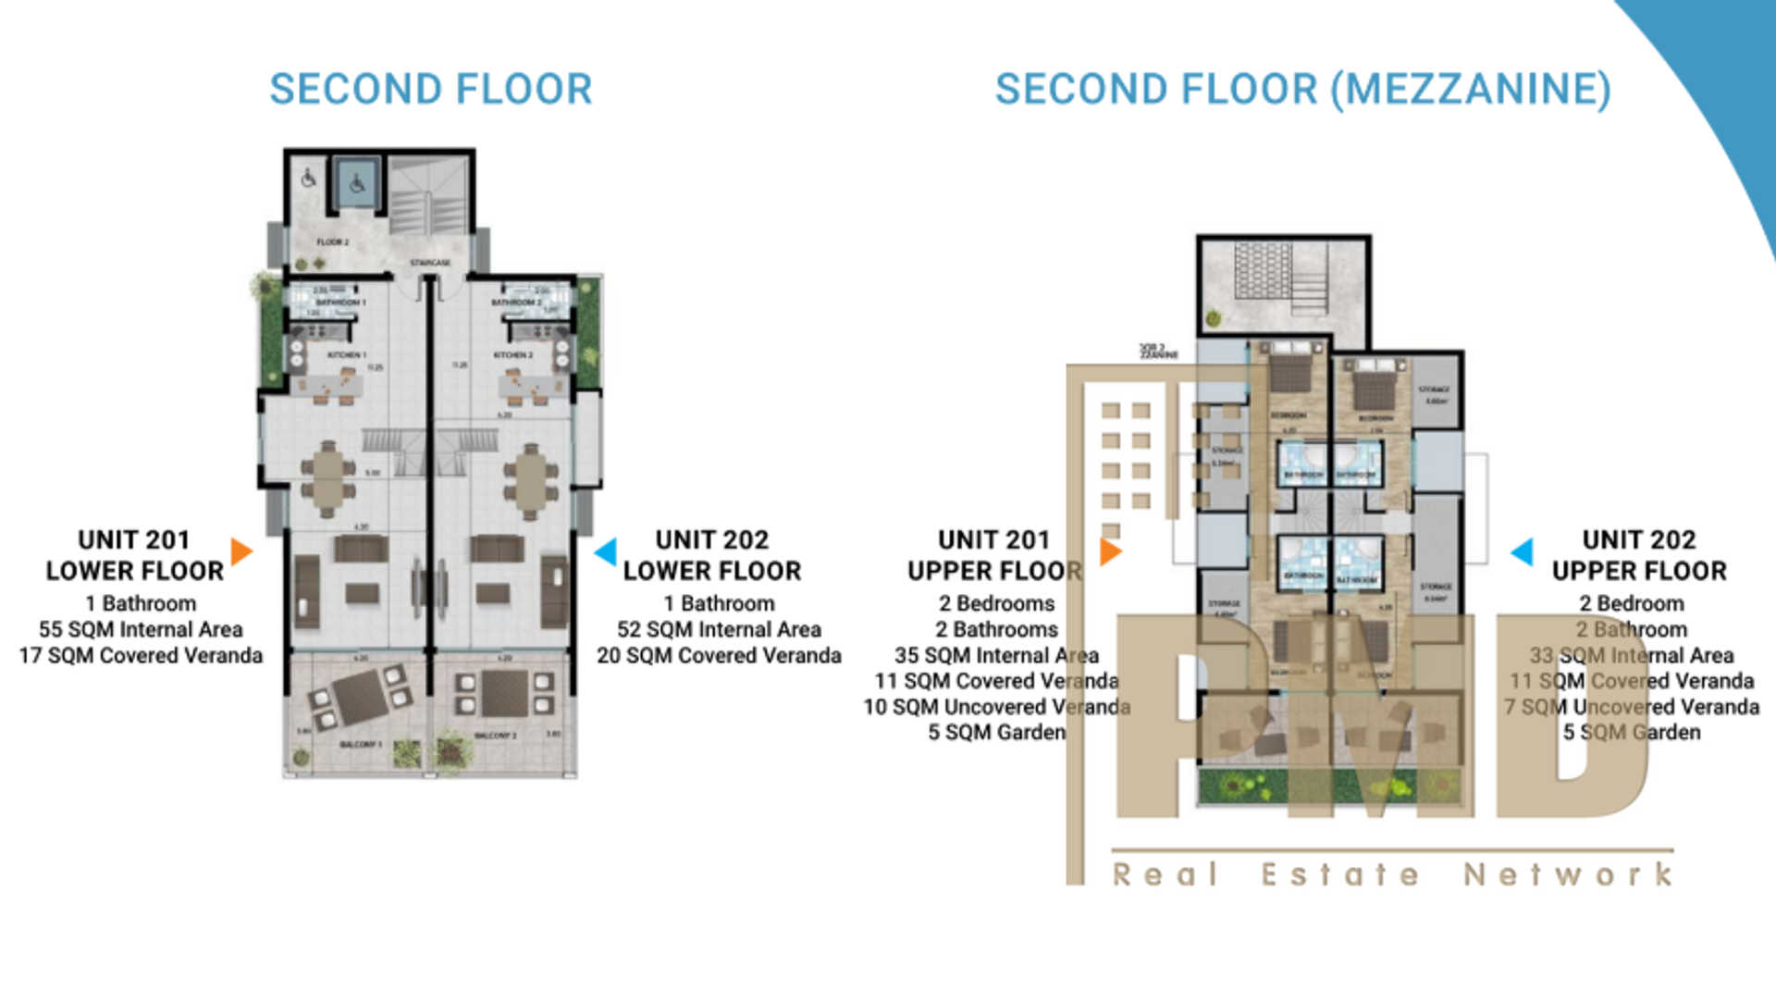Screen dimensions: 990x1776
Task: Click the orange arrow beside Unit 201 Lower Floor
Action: click(241, 551)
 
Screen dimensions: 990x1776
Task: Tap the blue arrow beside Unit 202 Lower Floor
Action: click(606, 551)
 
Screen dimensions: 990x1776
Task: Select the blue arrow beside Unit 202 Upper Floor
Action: click(1522, 551)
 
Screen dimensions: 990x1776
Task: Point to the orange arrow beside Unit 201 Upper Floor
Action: click(1111, 551)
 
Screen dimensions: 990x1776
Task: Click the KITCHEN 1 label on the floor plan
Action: click(347, 355)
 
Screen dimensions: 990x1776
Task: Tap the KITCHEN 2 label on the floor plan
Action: click(512, 355)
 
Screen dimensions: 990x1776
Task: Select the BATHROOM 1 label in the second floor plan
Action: click(340, 303)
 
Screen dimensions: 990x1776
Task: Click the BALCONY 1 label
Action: click(360, 745)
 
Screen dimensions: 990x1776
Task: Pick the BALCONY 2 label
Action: click(495, 736)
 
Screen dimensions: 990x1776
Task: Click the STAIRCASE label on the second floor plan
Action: click(430, 264)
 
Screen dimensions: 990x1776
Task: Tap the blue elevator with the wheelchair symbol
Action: click(356, 184)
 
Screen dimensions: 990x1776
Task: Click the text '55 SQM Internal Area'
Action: click(141, 629)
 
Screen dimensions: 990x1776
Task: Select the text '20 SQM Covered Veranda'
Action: click(719, 655)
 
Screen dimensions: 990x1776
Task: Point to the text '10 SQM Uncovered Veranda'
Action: click(996, 707)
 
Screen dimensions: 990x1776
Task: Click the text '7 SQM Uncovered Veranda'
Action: click(1632, 707)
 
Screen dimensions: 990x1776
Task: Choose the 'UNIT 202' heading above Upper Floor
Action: click(1638, 539)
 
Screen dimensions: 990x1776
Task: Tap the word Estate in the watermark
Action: click(1339, 874)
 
